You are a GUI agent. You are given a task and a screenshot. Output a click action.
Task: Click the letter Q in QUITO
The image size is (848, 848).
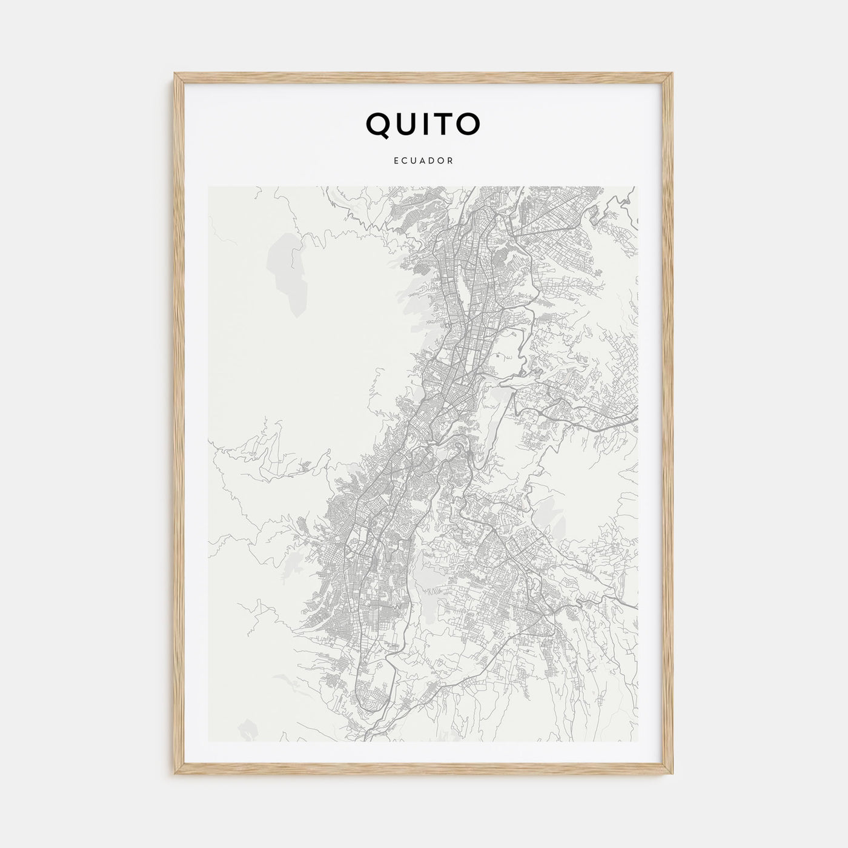(x=379, y=124)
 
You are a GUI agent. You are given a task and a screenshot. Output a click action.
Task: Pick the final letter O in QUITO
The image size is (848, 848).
(x=468, y=124)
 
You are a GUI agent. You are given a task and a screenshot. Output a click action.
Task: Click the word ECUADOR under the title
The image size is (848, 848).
(x=423, y=161)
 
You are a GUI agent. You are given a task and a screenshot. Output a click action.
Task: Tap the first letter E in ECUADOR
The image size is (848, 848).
(x=396, y=161)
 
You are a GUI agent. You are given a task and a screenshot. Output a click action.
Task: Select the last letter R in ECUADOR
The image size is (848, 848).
(x=451, y=161)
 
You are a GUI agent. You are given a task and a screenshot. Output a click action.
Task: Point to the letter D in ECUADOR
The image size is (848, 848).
(x=432, y=161)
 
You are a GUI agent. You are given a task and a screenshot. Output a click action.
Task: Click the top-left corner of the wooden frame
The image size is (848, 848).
(x=174, y=74)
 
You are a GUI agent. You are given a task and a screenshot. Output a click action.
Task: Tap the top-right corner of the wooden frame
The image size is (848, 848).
(x=674, y=74)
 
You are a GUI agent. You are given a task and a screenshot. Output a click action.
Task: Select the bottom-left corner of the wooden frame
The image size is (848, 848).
(x=174, y=775)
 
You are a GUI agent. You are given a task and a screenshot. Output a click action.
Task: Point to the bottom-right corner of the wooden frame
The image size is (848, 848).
(x=674, y=775)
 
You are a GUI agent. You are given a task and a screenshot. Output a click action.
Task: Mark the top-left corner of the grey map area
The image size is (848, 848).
(x=208, y=187)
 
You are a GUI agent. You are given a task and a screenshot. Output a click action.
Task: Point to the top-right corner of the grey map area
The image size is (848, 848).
(x=637, y=187)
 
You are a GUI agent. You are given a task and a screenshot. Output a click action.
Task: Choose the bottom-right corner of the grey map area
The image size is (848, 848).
(x=637, y=742)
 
